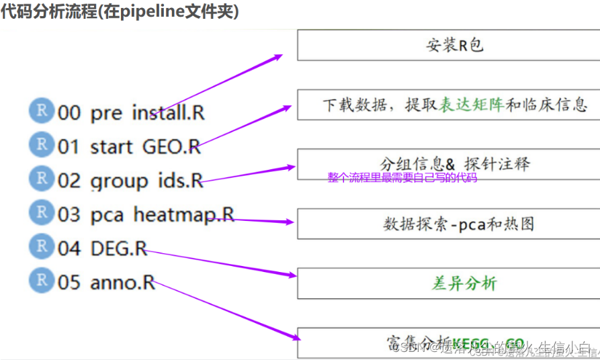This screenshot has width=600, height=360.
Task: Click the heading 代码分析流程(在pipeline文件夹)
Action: (120, 12)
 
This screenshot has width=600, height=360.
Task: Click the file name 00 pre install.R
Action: (131, 112)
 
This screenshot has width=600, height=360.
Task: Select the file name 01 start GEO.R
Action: (129, 146)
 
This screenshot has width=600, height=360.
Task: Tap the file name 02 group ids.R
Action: (130, 181)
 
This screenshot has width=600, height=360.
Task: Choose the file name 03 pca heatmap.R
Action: (146, 215)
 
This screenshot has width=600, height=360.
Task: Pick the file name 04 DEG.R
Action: (102, 249)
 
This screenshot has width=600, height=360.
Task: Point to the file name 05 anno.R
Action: (106, 283)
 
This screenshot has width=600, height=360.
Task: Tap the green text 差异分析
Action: (464, 283)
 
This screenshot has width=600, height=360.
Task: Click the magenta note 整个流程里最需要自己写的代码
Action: (402, 178)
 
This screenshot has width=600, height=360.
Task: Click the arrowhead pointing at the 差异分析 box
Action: (290, 274)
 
